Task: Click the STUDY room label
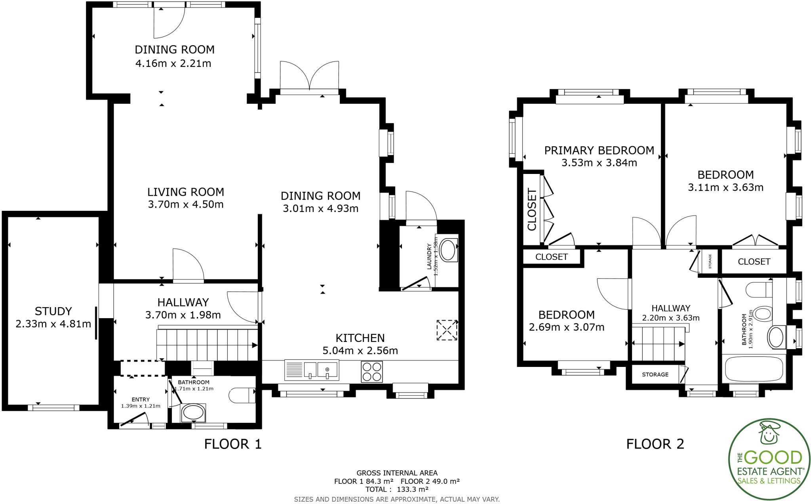[x=53, y=311]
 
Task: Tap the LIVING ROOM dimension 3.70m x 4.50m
[x=186, y=204]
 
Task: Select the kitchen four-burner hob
[x=371, y=372]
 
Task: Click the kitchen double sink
[x=311, y=370]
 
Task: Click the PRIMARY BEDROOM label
[x=599, y=151]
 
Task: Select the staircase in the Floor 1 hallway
[x=206, y=345]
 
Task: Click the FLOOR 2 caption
[x=655, y=444]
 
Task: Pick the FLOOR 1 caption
[x=233, y=444]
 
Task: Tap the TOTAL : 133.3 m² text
[x=397, y=489]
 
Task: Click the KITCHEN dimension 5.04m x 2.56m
[x=360, y=351]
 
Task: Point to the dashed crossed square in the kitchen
[x=447, y=330]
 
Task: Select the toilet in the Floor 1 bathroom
[x=242, y=395]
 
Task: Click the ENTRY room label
[x=141, y=399]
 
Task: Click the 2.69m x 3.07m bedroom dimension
[x=566, y=327]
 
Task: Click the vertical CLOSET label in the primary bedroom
[x=532, y=210]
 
